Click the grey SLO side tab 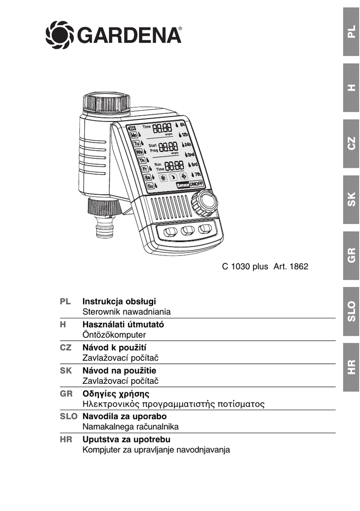pyautogui.click(x=352, y=311)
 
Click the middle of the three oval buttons pyautogui.click(x=187, y=231)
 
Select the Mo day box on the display pyautogui.click(x=135, y=135)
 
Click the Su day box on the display pyautogui.click(x=151, y=186)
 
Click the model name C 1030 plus pyautogui.click(x=245, y=266)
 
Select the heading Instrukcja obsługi pyautogui.click(x=119, y=301)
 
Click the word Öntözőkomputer pyautogui.click(x=114, y=335)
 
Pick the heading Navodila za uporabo pyautogui.click(x=124, y=416)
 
